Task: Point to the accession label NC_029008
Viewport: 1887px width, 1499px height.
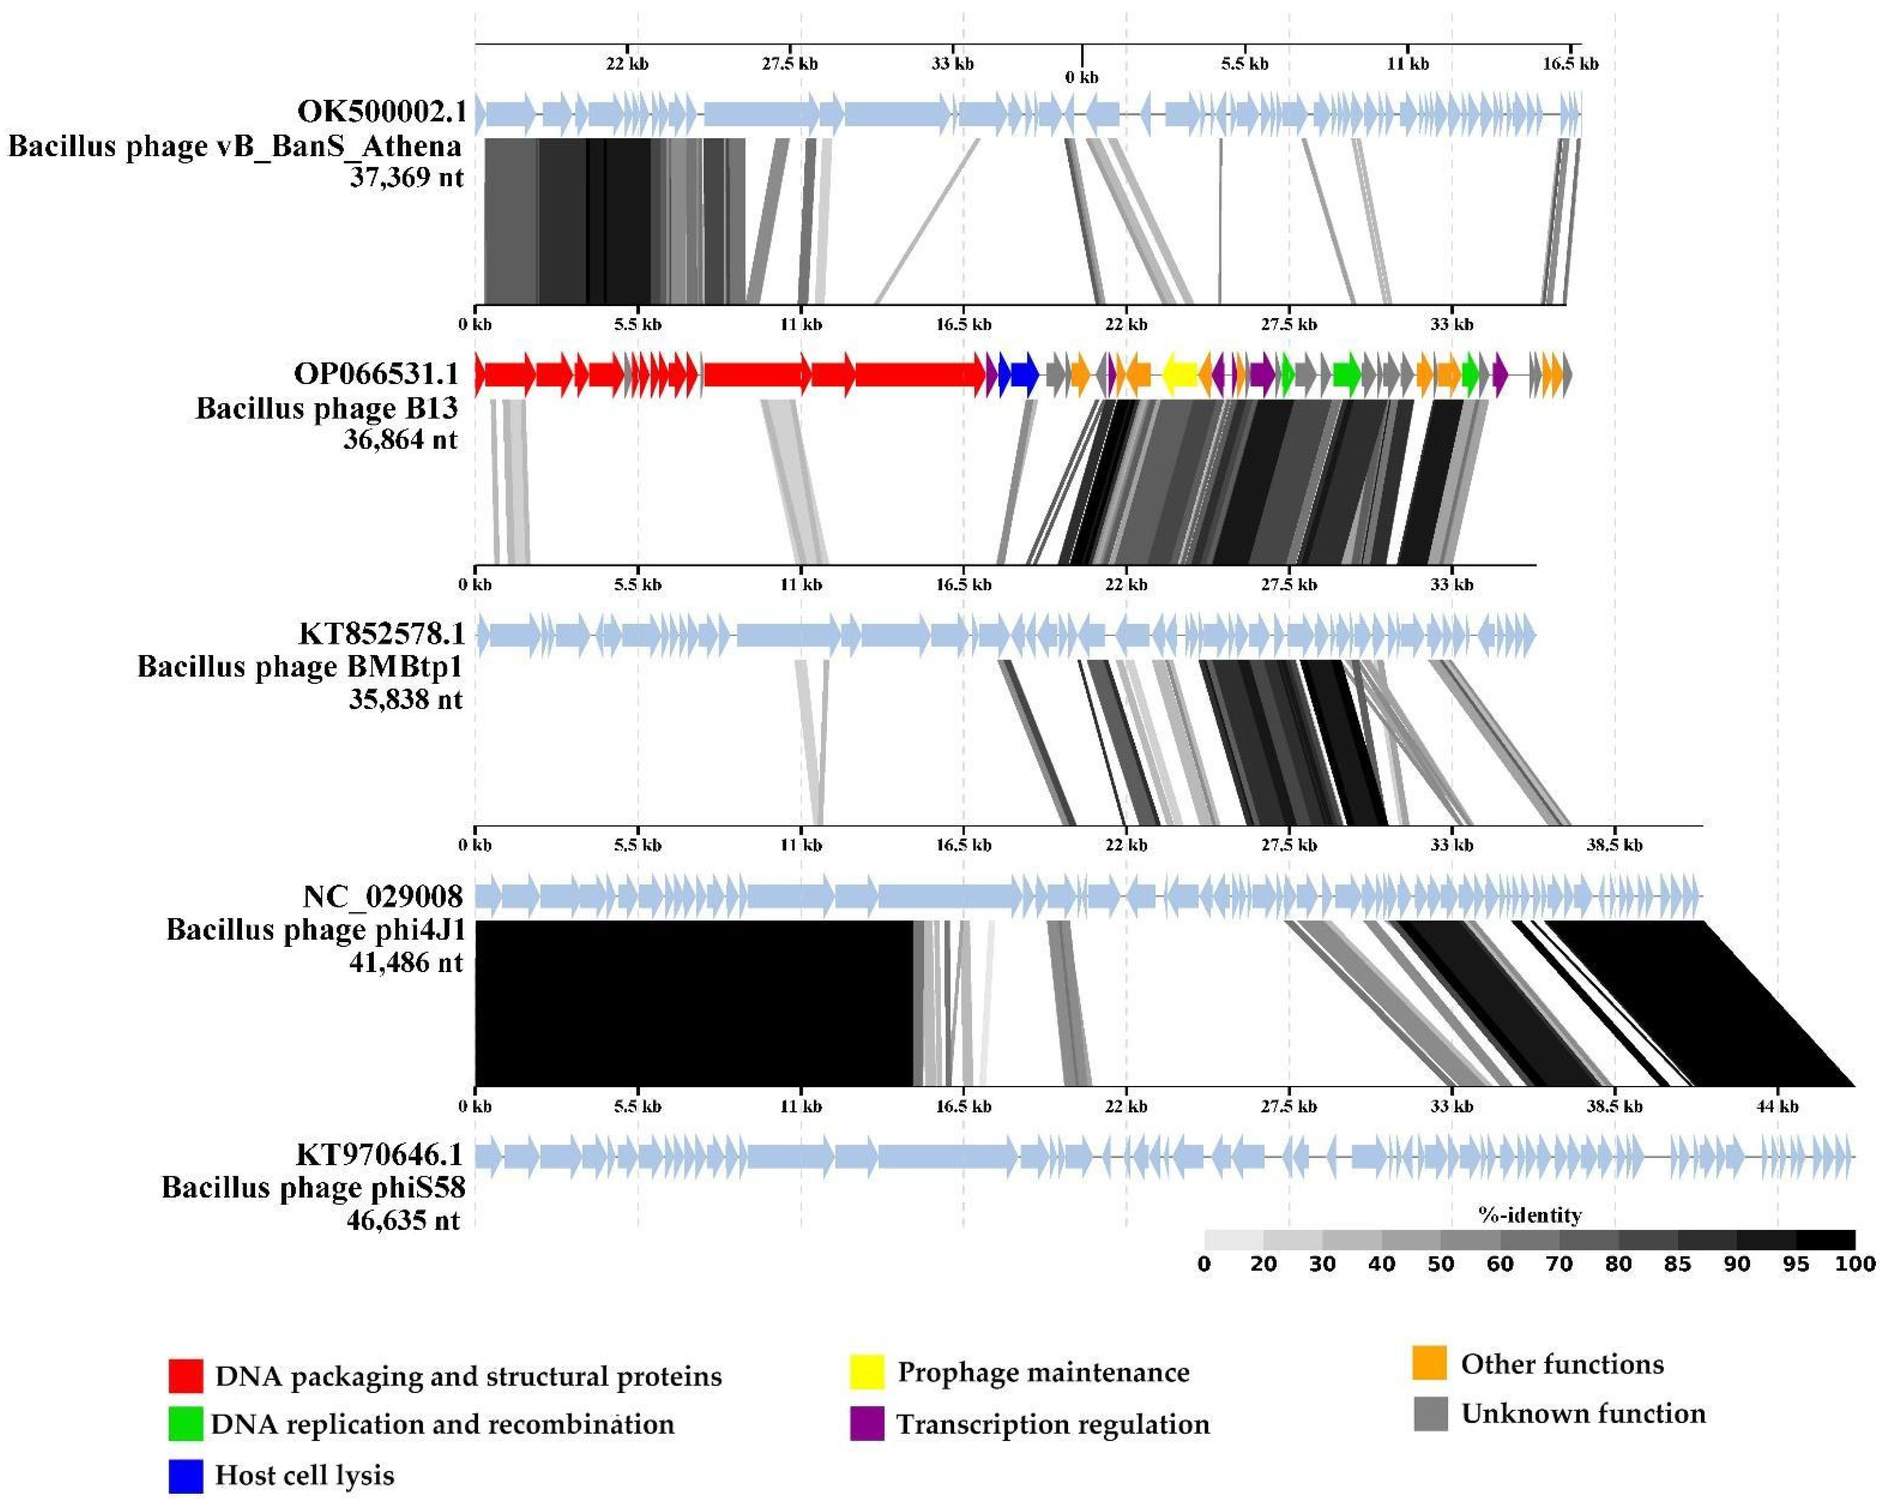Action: coord(383,896)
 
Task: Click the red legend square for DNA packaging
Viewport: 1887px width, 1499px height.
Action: coord(186,1376)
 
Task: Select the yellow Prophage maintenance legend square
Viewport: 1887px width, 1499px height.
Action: coord(867,1372)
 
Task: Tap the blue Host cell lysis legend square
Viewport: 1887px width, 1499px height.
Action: coord(186,1475)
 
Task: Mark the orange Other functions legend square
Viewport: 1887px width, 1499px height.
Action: coord(1429,1364)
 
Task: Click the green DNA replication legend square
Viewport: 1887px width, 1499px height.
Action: coord(186,1425)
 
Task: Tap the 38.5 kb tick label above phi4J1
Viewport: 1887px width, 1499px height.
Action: coord(1614,845)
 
